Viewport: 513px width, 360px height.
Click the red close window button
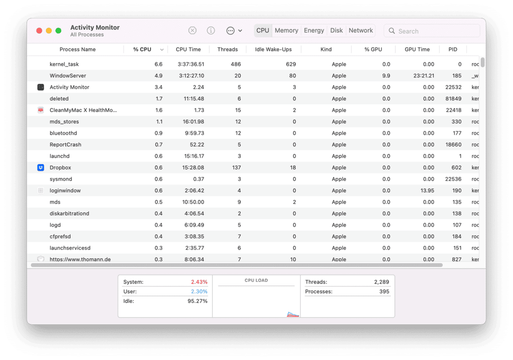click(x=39, y=31)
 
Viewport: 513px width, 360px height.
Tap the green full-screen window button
click(x=58, y=31)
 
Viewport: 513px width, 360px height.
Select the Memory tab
click(x=286, y=30)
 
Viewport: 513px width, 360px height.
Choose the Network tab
click(x=361, y=30)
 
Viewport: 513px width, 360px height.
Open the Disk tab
click(x=336, y=30)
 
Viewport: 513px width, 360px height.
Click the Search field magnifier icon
click(x=391, y=31)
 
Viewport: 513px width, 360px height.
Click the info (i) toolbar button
click(x=211, y=30)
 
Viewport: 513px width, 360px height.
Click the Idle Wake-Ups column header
click(x=273, y=49)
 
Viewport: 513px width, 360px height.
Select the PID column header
click(x=453, y=49)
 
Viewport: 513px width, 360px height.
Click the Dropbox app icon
click(x=40, y=168)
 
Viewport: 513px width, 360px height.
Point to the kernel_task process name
click(x=64, y=64)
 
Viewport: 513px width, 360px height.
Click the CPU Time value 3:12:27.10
click(x=192, y=76)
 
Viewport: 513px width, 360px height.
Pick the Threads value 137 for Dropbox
click(x=236, y=168)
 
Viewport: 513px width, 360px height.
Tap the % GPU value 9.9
click(x=386, y=76)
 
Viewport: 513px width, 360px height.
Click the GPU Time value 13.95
click(x=427, y=190)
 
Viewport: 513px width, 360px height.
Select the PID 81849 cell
click(x=453, y=98)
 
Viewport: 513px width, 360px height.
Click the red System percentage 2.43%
click(x=199, y=282)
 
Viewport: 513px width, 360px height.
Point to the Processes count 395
click(x=384, y=292)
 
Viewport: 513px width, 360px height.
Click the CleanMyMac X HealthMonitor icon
click(x=40, y=110)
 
